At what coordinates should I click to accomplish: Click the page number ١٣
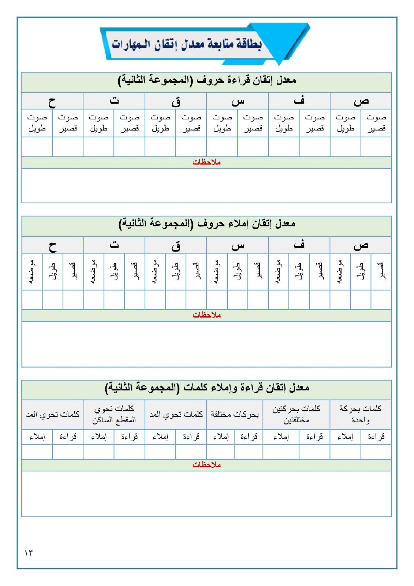click(29, 552)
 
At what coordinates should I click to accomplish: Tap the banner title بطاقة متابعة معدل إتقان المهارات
click(187, 44)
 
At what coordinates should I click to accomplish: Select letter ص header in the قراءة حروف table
click(361, 101)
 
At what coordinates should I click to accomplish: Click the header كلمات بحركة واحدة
click(361, 414)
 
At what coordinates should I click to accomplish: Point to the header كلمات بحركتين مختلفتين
click(296, 414)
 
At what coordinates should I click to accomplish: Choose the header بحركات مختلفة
click(235, 414)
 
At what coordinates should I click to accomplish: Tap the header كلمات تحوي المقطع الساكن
click(114, 414)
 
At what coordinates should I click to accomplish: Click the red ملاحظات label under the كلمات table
click(206, 465)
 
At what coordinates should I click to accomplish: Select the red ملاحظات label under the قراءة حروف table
click(206, 162)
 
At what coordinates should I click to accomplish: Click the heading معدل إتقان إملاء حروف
click(207, 223)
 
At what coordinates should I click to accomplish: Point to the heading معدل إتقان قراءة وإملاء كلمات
click(207, 387)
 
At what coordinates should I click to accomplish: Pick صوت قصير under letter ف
click(315, 123)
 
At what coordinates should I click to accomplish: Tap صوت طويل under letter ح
click(37, 123)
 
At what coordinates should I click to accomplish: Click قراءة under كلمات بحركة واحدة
click(376, 437)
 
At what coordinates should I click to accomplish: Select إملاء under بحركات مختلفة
click(221, 437)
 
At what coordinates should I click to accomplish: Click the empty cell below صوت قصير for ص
click(376, 147)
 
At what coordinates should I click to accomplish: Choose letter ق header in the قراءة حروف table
click(176, 101)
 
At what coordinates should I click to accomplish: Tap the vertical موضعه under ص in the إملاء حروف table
click(340, 271)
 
